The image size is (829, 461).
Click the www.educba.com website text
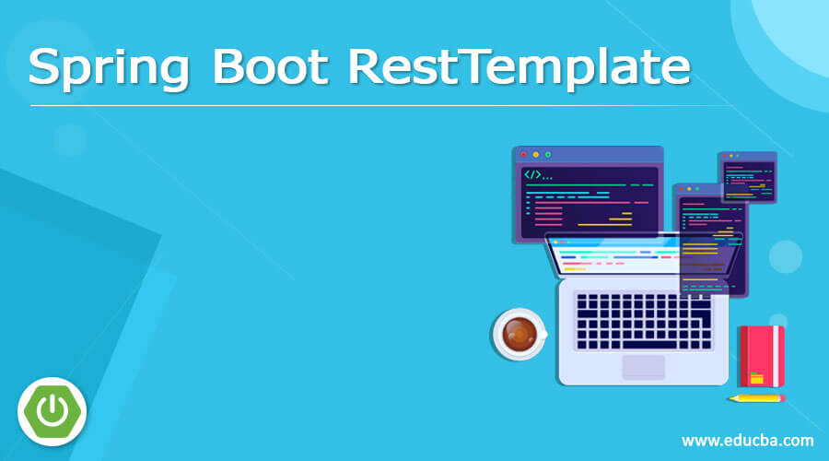[747, 440]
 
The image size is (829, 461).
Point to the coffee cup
[519, 332]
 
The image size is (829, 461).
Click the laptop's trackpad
[643, 367]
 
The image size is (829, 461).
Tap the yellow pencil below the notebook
[755, 398]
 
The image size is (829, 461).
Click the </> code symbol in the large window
[533, 174]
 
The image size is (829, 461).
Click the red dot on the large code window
[522, 155]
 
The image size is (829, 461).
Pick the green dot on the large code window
[548, 155]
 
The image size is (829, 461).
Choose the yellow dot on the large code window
[535, 155]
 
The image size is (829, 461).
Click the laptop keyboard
[642, 319]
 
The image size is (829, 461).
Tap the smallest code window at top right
[747, 177]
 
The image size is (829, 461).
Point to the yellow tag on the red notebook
[756, 377]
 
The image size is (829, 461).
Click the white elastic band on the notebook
[776, 356]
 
